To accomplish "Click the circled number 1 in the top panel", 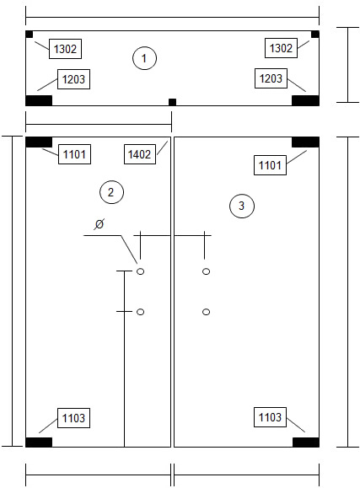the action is [144, 58].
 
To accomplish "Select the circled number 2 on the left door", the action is [111, 192].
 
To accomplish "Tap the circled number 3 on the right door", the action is [242, 206].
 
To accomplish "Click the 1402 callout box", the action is [140, 154].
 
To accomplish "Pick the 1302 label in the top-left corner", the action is [65, 49].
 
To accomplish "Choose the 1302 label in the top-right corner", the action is [281, 48].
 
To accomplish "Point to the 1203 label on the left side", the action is [74, 79].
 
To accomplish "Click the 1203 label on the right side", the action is [271, 78].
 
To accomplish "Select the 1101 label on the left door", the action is [74, 154].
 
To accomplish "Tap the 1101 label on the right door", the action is [270, 165].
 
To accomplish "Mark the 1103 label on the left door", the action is [74, 418].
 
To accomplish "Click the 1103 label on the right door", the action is [270, 417].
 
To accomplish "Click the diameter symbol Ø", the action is [99, 224].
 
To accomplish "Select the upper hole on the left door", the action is [141, 271].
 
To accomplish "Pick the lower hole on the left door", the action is [141, 312].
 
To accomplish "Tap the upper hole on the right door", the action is [207, 271].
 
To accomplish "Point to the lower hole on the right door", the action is [207, 312].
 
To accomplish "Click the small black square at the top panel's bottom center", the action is [172, 102].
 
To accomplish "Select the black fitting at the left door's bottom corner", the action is [39, 442].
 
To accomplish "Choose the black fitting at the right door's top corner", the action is [305, 142].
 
